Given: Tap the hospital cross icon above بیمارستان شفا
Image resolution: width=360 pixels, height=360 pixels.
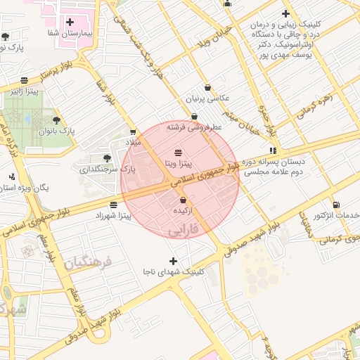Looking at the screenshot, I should click(70, 22).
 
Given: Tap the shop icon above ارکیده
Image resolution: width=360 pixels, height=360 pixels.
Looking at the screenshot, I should click(183, 200).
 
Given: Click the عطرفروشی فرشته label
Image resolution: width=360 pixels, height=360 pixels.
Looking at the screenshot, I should click(195, 127).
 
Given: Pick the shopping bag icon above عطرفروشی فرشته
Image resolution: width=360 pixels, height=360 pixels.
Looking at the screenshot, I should click(195, 117).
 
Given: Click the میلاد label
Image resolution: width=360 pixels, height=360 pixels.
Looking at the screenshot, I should click(134, 142).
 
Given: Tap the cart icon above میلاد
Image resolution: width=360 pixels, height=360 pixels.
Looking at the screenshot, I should click(134, 131).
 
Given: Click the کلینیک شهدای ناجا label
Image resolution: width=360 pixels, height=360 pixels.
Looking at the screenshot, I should click(173, 271).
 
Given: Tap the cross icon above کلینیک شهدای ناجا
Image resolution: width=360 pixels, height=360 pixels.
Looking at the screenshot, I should click(173, 261).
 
